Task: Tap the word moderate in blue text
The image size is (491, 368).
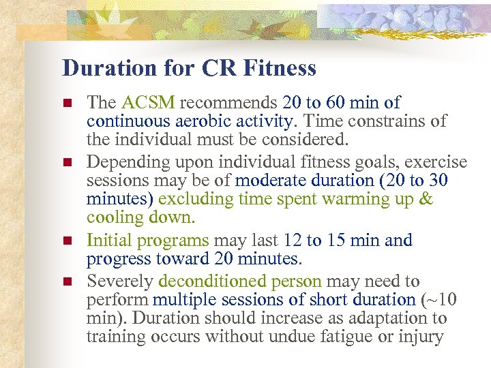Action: [270, 181]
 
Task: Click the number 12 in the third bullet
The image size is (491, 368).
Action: [293, 241]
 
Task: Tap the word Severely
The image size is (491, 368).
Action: [120, 281]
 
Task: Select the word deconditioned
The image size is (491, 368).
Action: [205, 281]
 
